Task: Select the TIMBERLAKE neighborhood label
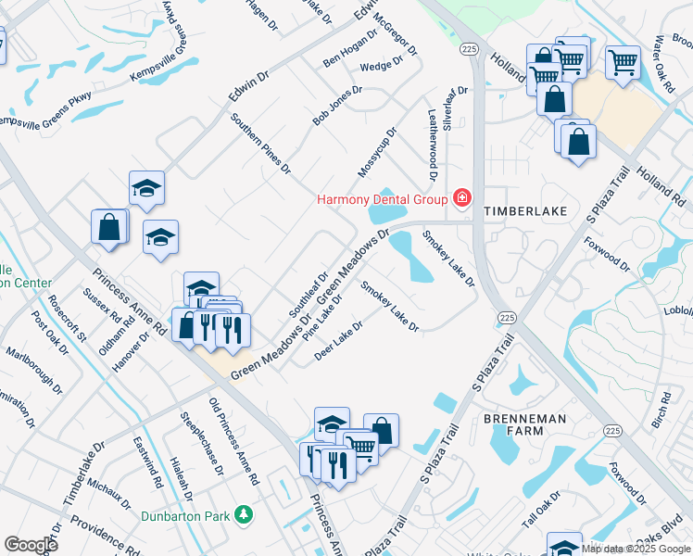523,211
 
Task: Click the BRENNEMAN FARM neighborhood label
525,426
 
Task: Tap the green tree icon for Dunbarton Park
243,513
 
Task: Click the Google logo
31,545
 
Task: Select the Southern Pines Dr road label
261,145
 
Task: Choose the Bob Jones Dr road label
336,107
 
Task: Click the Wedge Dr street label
382,65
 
